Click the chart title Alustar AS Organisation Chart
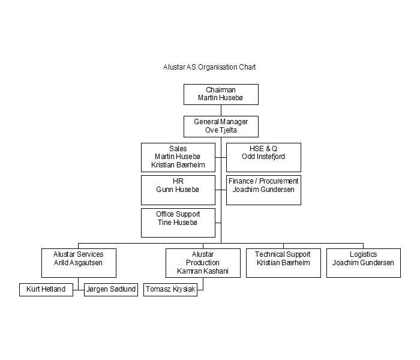pyautogui.click(x=209, y=67)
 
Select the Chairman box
pyautogui.click(x=221, y=95)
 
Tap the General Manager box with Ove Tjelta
pyautogui.click(x=221, y=127)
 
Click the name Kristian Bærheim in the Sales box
pyautogui.click(x=178, y=165)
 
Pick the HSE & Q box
pyautogui.click(x=263, y=157)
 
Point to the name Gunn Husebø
pyautogui.click(x=178, y=190)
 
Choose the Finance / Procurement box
pyautogui.click(x=263, y=190)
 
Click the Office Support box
pyautogui.click(x=178, y=223)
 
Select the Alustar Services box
pyautogui.click(x=79, y=263)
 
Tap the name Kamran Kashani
pyautogui.click(x=203, y=271)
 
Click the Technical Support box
pyautogui.click(x=283, y=263)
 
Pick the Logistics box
pyautogui.click(x=364, y=263)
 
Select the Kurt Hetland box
pyautogui.click(x=46, y=290)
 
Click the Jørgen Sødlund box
pyautogui.click(x=111, y=290)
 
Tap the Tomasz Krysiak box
pyautogui.click(x=170, y=290)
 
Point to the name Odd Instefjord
pyautogui.click(x=263, y=157)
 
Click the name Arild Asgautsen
pyautogui.click(x=78, y=263)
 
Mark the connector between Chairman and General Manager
pyautogui.click(x=221, y=110)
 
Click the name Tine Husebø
pyautogui.click(x=178, y=223)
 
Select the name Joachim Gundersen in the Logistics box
pyautogui.click(x=363, y=263)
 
